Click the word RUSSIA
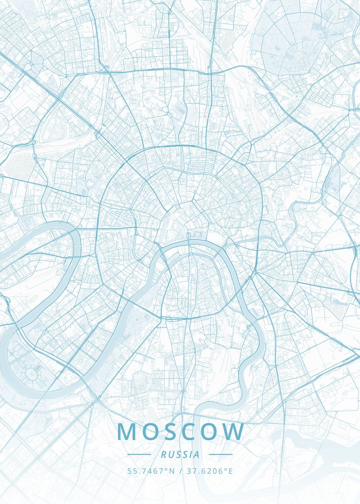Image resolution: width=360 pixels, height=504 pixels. (x=180, y=454)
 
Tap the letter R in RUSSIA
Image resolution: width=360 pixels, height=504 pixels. (x=163, y=454)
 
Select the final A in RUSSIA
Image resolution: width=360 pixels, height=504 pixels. (x=197, y=454)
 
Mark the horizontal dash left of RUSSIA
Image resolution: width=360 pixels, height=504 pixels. (x=139, y=454)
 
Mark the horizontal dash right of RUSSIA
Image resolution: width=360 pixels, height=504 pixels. (x=221, y=454)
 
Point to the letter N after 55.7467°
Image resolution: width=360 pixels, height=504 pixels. (x=171, y=471)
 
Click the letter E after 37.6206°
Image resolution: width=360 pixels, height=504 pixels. (x=230, y=471)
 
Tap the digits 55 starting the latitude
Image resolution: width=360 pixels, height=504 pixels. (x=131, y=471)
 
